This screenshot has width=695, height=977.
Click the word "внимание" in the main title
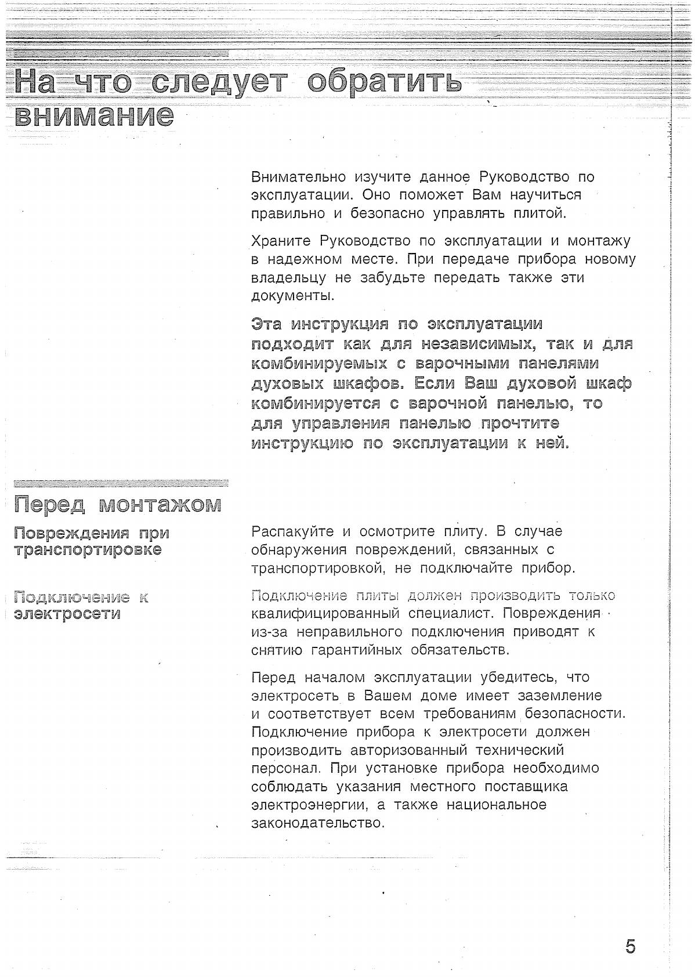[94, 116]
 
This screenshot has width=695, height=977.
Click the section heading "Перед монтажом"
[118, 504]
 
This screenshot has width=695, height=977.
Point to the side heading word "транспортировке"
[88, 549]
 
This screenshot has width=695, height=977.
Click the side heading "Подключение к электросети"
[81, 605]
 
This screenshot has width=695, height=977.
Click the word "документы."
[292, 296]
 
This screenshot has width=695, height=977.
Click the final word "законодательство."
[318, 823]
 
